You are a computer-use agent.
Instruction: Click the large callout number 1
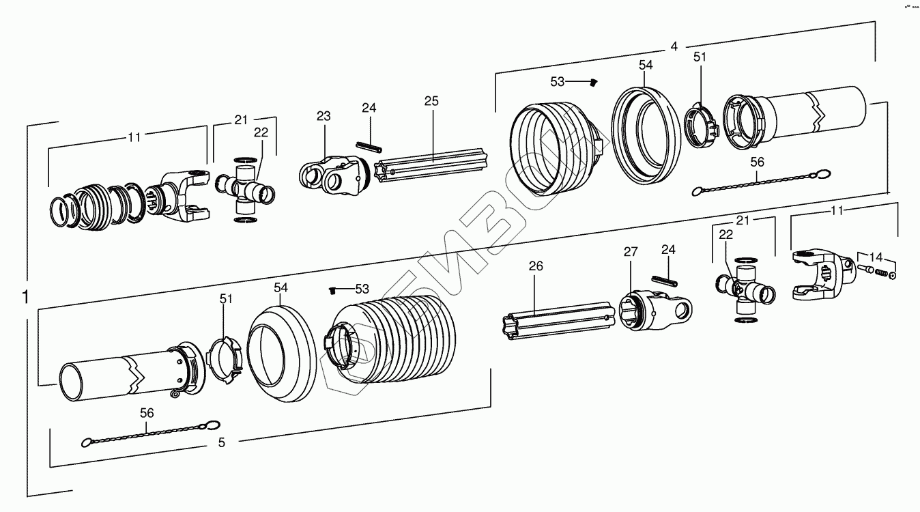25,298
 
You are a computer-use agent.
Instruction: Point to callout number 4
674,46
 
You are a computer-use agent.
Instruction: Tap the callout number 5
221,442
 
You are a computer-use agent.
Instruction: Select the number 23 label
323,117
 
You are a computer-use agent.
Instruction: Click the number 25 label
431,101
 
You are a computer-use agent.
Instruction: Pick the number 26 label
536,266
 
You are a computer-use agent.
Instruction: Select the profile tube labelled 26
556,321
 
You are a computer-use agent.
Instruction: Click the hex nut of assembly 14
893,276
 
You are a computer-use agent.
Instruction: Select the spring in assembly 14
881,274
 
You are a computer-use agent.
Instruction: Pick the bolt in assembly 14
864,270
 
